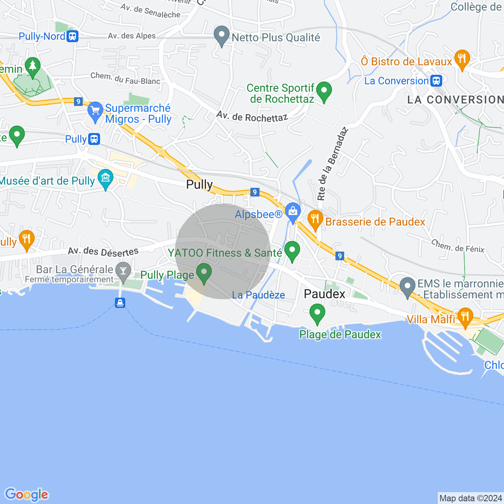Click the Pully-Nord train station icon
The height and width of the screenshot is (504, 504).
[x=72, y=36]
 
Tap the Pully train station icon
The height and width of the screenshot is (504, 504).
[x=94, y=139]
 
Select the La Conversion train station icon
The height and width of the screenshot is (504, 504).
[x=436, y=81]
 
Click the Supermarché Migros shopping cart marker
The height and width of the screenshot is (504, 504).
[x=95, y=111]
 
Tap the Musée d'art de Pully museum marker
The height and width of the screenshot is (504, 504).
[x=106, y=179]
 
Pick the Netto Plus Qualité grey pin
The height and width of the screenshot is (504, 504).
[x=222, y=36]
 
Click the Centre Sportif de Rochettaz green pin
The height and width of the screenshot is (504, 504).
[x=324, y=92]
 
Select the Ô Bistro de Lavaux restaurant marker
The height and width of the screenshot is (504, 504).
[x=462, y=59]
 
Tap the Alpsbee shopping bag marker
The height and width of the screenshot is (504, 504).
[x=293, y=212]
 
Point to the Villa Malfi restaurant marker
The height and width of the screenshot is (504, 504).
[x=465, y=317]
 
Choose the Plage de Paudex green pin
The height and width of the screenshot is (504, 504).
[x=317, y=314]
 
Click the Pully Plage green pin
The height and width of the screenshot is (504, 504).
[x=204, y=273]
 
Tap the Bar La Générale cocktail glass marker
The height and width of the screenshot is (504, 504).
[x=124, y=272]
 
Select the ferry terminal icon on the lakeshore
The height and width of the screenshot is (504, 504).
[x=120, y=303]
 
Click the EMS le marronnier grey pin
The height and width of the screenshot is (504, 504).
[x=408, y=287]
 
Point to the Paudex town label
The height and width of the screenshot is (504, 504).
[x=324, y=294]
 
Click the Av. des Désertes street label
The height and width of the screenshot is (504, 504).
[x=103, y=251]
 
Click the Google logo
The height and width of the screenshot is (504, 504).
[x=26, y=495]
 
